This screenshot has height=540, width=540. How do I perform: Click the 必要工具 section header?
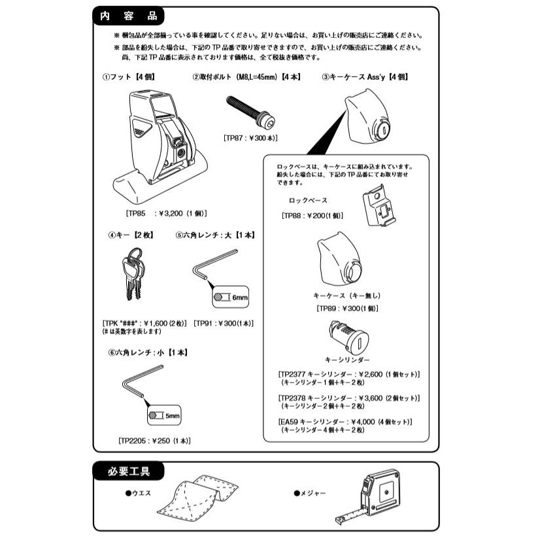(130, 471)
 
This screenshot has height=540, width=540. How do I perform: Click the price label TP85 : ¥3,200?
(162, 212)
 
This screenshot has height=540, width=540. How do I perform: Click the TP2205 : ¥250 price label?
(154, 441)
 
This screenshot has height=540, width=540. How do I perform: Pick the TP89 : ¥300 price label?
(347, 308)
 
